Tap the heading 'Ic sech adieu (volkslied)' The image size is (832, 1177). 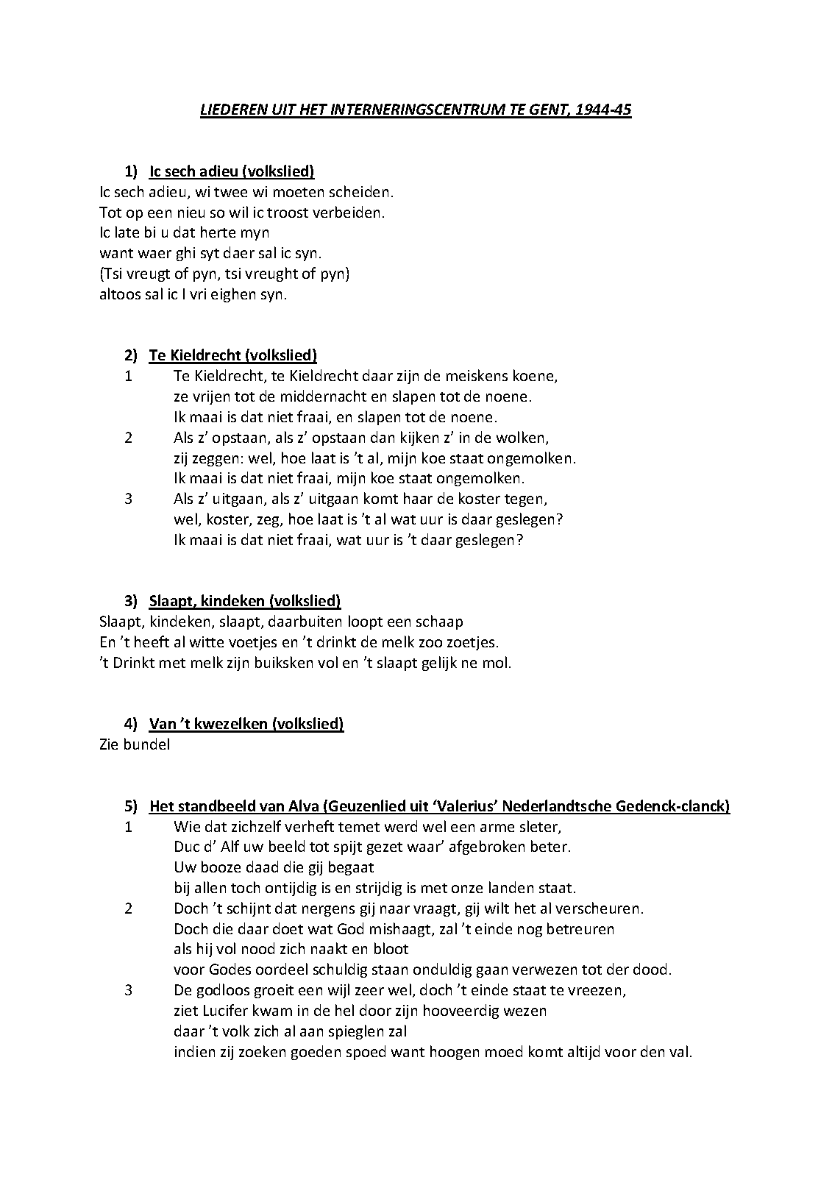[x=232, y=171]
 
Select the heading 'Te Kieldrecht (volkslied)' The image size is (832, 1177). [x=233, y=355]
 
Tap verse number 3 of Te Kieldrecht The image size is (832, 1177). [x=129, y=499]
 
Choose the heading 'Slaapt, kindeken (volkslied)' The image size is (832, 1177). [x=245, y=601]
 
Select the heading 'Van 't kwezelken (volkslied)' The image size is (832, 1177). [x=246, y=724]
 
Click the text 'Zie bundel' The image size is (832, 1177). [x=135, y=744]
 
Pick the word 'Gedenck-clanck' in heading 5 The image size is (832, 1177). [x=676, y=806]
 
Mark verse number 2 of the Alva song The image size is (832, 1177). [x=129, y=908]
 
